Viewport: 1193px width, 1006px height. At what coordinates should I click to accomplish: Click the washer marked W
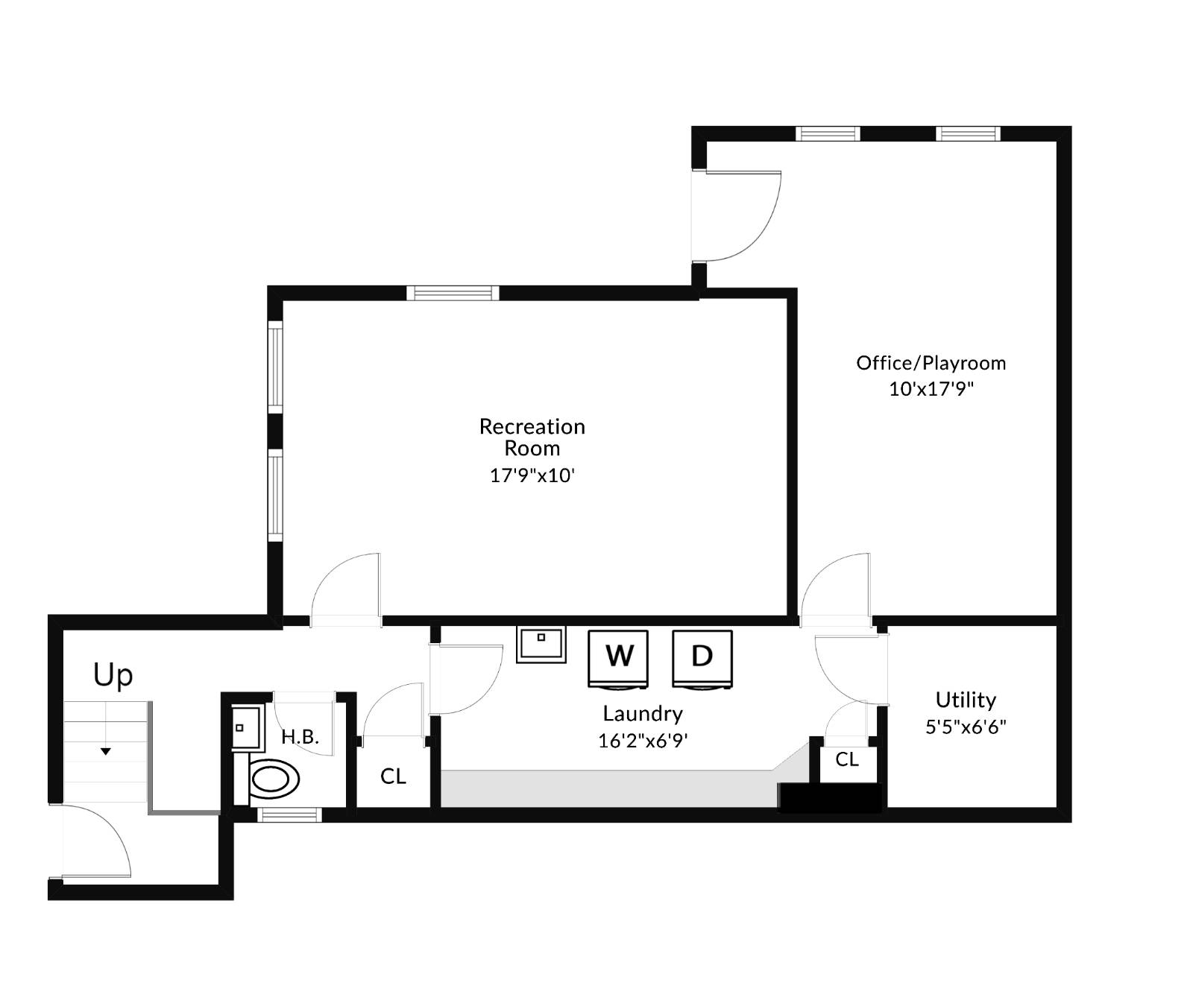click(x=618, y=657)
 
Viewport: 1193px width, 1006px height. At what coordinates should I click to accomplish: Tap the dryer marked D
click(x=702, y=657)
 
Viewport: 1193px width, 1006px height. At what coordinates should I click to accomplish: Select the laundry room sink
click(x=541, y=644)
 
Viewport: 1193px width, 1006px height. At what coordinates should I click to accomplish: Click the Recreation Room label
click(x=532, y=437)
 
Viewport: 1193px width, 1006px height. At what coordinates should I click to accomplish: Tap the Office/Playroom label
click(x=931, y=363)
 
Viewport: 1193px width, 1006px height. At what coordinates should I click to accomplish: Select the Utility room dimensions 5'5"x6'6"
click(x=966, y=727)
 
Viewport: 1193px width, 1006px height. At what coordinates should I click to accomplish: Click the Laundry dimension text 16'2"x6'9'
click(x=642, y=741)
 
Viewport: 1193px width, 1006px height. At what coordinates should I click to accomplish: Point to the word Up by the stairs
click(x=113, y=675)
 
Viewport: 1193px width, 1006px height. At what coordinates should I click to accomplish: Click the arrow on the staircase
click(x=106, y=751)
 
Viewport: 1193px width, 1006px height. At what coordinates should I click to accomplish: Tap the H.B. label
click(x=300, y=737)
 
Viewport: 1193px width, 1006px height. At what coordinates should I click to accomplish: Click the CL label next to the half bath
click(x=393, y=776)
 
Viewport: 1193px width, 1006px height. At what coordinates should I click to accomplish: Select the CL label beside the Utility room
click(x=847, y=759)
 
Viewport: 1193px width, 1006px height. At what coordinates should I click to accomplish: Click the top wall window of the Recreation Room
click(x=453, y=293)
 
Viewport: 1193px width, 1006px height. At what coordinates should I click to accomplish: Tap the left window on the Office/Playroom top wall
click(x=828, y=134)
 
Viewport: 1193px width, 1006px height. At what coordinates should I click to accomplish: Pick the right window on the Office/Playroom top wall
click(x=968, y=134)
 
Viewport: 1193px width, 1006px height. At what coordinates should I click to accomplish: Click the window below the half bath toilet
click(x=290, y=815)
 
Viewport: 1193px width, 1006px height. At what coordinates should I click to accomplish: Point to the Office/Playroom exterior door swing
click(x=738, y=216)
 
